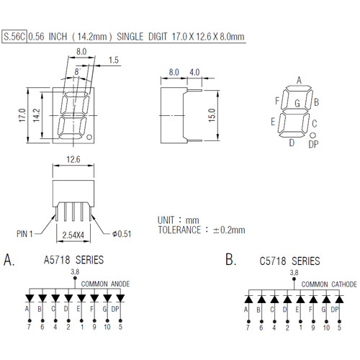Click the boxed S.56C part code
coord(14,37)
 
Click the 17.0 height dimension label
coord(22,115)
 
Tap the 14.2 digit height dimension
coord(36,115)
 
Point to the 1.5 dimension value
coord(114,60)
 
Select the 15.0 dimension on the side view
coord(212,115)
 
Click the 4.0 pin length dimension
coord(194,72)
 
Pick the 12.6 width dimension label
coord(73,159)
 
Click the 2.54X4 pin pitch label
coord(73,235)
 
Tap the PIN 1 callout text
coord(24,234)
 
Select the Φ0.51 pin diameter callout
coord(122,234)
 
